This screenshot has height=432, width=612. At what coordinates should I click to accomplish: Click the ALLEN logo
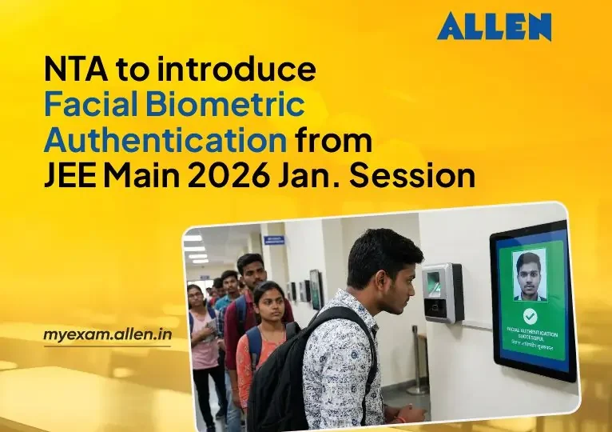point(494,27)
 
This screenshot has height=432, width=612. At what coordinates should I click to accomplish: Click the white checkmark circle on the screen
point(530,316)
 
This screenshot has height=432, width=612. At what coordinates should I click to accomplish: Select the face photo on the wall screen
point(529,274)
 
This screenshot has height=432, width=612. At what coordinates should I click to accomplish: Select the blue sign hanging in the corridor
point(274,240)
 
